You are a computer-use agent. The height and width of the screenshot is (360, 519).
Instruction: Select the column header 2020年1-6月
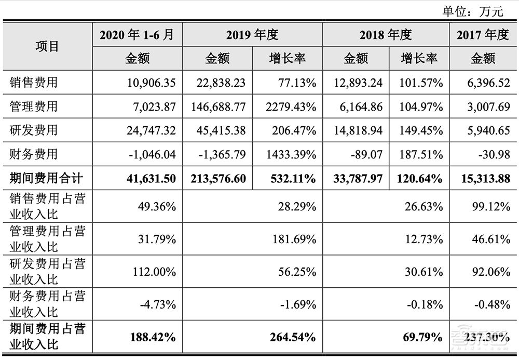(137, 35)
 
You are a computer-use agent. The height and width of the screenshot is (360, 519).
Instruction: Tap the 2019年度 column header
(252, 35)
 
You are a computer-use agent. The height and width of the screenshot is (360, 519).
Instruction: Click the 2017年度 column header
(483, 35)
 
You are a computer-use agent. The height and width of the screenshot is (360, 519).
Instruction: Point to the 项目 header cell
(47, 46)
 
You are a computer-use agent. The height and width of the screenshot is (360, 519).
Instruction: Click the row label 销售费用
(34, 83)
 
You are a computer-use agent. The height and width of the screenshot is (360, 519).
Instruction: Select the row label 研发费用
(34, 130)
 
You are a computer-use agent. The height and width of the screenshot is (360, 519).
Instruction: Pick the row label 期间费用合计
(46, 179)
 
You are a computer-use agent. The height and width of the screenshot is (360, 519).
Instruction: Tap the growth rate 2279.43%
(288, 106)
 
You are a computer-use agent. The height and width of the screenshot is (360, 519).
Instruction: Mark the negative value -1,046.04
(151, 154)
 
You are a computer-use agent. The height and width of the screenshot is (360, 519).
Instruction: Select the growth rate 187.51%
(421, 154)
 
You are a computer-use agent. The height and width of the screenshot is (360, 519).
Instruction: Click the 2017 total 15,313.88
(483, 179)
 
